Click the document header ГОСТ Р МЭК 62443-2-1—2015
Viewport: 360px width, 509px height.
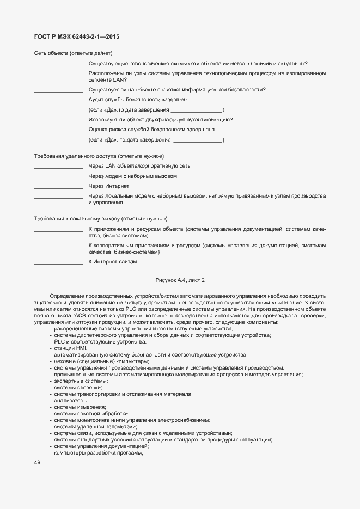(77, 37)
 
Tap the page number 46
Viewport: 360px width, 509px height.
(37, 463)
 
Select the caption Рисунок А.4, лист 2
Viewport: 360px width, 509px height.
(180, 280)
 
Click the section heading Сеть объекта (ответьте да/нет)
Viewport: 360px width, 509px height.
(73, 53)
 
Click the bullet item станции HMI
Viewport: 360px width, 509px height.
(70, 348)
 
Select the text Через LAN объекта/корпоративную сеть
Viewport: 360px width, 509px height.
(139, 166)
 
